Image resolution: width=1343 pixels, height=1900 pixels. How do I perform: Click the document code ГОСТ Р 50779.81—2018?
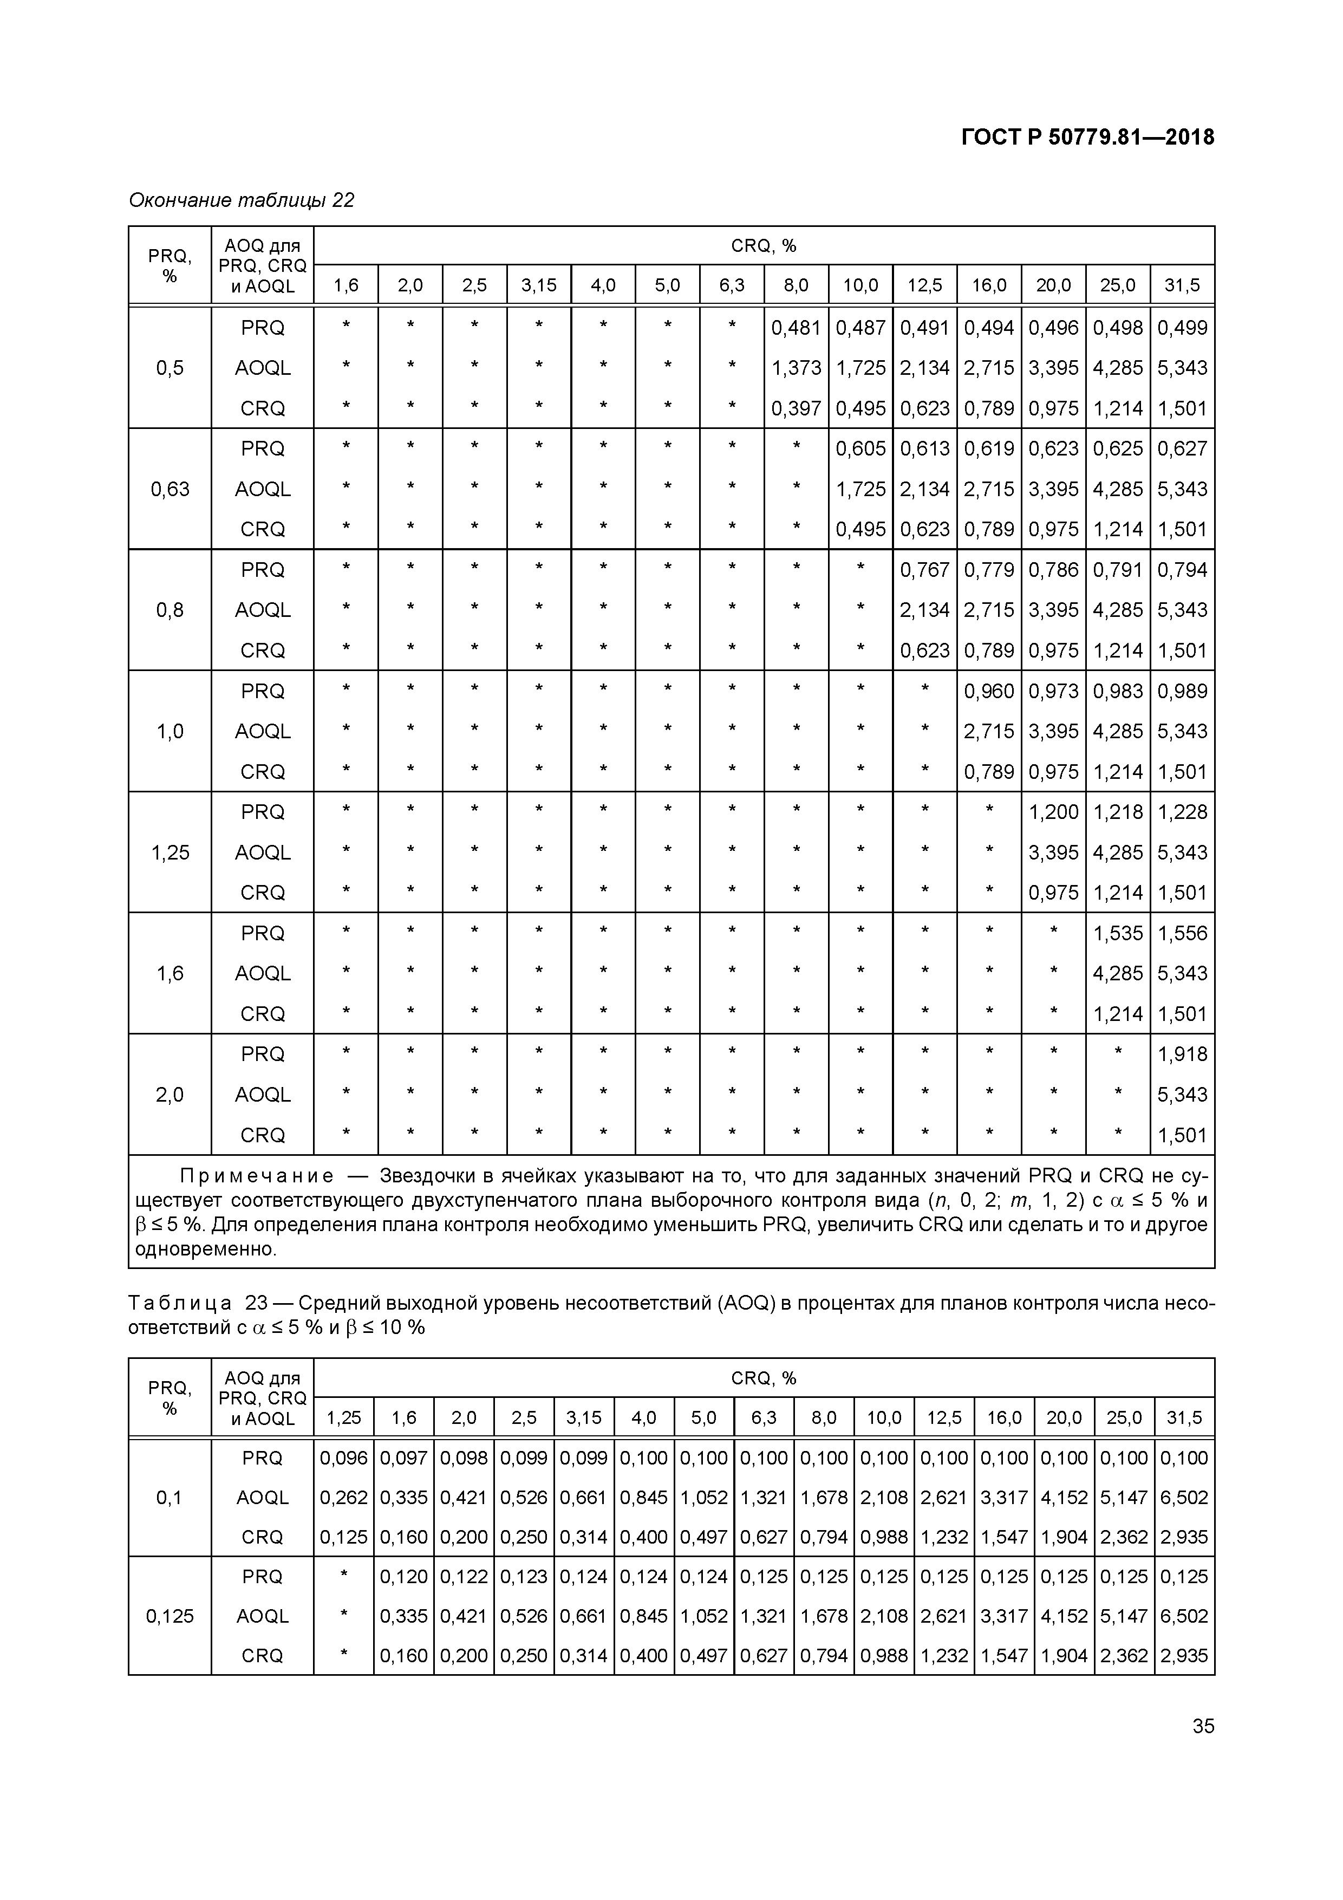tap(1087, 138)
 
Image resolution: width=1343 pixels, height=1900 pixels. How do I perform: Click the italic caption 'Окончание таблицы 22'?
tap(242, 200)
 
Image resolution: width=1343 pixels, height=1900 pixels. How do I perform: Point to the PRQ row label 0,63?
tap(169, 489)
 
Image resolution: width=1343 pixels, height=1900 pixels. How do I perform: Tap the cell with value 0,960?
tap(989, 691)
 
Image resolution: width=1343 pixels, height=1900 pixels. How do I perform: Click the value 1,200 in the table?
tap(1053, 812)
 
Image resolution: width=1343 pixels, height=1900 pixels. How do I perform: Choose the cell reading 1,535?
tap(1117, 933)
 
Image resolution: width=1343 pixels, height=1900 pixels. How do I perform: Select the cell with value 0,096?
tap(343, 1458)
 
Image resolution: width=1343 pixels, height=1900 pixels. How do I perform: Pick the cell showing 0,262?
tap(343, 1498)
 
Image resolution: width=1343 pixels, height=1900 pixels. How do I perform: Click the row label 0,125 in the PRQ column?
tap(169, 1616)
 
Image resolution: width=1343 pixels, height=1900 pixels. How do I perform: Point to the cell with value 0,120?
tap(404, 1577)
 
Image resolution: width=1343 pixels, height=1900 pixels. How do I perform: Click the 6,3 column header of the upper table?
tap(732, 285)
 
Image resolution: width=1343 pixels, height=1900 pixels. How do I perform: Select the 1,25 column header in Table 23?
tap(343, 1417)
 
